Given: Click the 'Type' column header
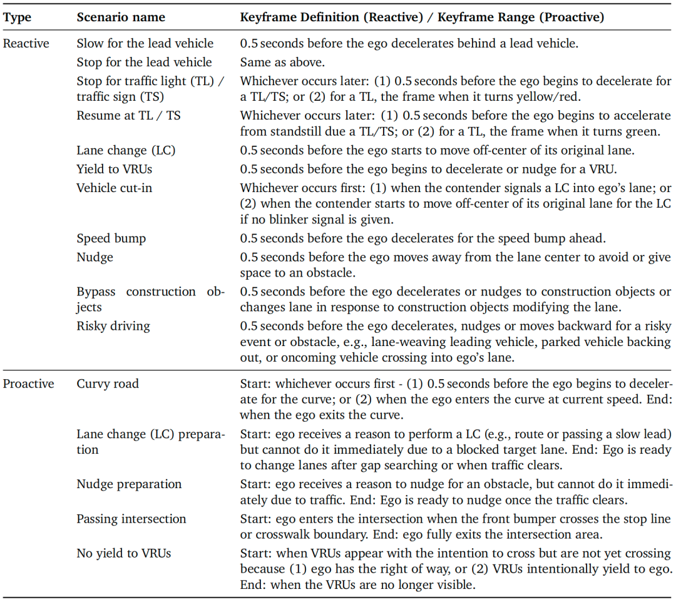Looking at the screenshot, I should pos(17,18).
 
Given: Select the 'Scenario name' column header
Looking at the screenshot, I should pos(121,18).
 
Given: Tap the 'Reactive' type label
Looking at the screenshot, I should pos(26,44).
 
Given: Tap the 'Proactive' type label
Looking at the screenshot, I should pos(28,384).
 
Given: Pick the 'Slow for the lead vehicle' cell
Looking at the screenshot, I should pos(145,44).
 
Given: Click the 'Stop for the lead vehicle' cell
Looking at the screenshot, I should pos(144,63).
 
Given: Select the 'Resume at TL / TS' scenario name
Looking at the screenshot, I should pos(128,116).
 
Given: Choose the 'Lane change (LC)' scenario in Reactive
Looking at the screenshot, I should pos(126,151).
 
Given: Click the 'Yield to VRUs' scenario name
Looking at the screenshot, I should pos(114,169).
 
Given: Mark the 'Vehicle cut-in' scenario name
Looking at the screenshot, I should pos(114,187).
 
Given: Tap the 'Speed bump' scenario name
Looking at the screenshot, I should pos(111,239).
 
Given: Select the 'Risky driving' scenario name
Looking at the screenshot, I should pos(113,326).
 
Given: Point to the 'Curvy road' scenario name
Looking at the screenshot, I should pos(108,384).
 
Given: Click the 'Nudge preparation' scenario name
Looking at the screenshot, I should pos(129,484).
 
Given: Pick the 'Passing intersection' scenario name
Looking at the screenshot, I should pos(131,519).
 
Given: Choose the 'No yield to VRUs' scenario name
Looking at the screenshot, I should pos(123,553).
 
